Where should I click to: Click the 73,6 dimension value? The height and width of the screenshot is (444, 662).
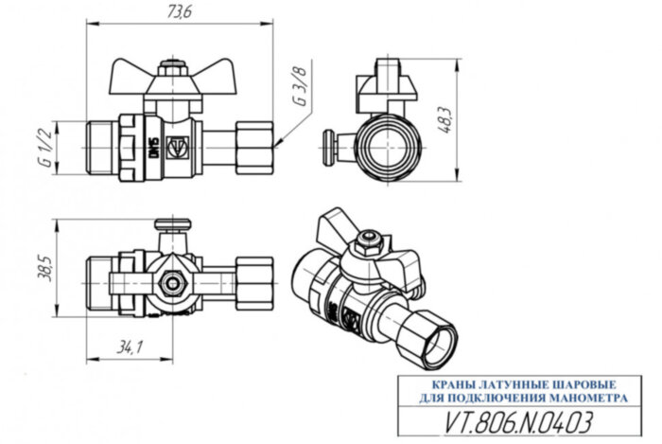[x=180, y=13]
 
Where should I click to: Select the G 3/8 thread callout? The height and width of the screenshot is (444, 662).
[x=301, y=86]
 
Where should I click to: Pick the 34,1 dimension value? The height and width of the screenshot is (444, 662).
[x=124, y=348]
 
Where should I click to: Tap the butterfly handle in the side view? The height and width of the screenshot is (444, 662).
[x=171, y=73]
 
